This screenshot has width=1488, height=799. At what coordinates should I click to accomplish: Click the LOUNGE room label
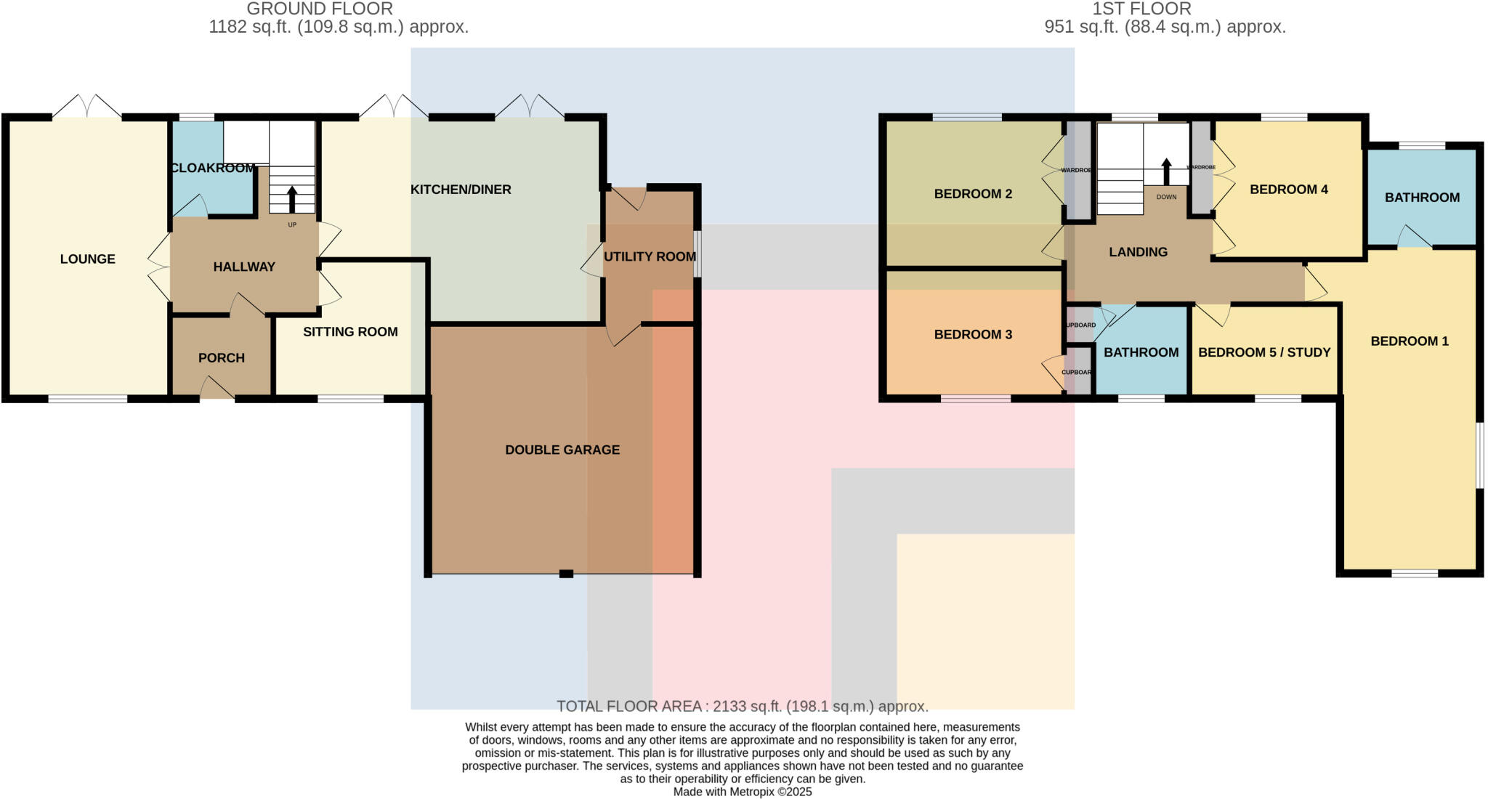(87, 259)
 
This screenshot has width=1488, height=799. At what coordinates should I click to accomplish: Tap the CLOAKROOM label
(213, 169)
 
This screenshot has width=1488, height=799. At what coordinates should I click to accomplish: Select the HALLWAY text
(244, 267)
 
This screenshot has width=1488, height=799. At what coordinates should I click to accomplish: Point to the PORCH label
(222, 358)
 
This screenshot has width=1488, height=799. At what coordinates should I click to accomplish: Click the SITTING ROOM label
(350, 332)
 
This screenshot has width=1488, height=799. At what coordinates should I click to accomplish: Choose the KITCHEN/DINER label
(461, 190)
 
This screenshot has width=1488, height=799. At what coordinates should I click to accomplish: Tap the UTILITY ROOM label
(650, 256)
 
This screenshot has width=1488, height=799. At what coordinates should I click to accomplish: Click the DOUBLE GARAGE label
(562, 450)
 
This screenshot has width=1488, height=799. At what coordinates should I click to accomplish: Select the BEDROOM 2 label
(973, 194)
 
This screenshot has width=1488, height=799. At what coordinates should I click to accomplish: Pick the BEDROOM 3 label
(973, 335)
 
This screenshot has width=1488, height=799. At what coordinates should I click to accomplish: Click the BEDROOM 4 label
(1289, 190)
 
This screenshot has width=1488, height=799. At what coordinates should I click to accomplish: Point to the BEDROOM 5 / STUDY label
(1264, 352)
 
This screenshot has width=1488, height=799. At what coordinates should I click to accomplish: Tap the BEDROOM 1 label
(1410, 341)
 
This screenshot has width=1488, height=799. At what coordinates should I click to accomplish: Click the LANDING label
(1138, 252)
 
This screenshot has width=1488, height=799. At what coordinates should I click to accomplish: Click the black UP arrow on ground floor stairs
(292, 198)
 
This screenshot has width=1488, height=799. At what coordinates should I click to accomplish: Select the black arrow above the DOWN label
(1167, 171)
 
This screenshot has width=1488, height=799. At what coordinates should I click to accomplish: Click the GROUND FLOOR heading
(320, 9)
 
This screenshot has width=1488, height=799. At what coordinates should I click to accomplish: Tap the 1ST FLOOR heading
(1141, 9)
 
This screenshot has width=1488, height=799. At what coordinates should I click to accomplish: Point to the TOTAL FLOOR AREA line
(743, 706)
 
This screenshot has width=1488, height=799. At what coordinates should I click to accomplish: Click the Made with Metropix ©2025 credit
(743, 792)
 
